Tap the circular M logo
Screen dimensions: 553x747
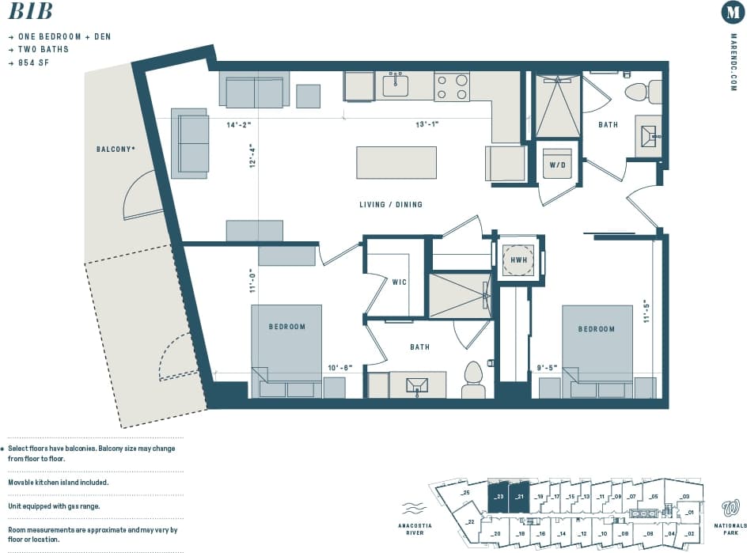(732, 13)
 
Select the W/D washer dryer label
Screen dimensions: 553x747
(556, 165)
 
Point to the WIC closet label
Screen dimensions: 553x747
(400, 281)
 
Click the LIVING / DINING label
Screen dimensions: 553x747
(391, 205)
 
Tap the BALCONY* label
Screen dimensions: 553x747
(115, 149)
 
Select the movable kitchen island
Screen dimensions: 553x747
(396, 162)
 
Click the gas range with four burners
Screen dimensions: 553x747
(452, 86)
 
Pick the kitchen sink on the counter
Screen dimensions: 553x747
(395, 85)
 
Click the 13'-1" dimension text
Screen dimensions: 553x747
(427, 123)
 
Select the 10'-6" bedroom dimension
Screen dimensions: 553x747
(340, 367)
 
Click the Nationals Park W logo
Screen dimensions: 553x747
(730, 507)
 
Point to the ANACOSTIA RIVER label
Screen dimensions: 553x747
(414, 528)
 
